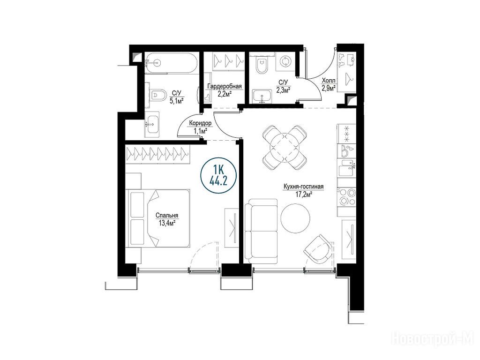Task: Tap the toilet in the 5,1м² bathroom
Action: point(157,96)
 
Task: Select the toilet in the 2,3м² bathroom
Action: point(261,64)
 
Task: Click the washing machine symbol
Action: point(285,61)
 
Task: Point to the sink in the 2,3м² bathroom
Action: point(262,97)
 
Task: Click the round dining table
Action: point(285,147)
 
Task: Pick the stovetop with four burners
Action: point(346,196)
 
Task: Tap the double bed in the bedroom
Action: point(158,218)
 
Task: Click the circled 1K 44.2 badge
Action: point(218,176)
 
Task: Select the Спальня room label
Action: point(167,216)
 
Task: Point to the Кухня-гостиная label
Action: point(303,187)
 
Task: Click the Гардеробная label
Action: point(225,86)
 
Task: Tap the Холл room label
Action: point(329,81)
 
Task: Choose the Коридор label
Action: point(201,123)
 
